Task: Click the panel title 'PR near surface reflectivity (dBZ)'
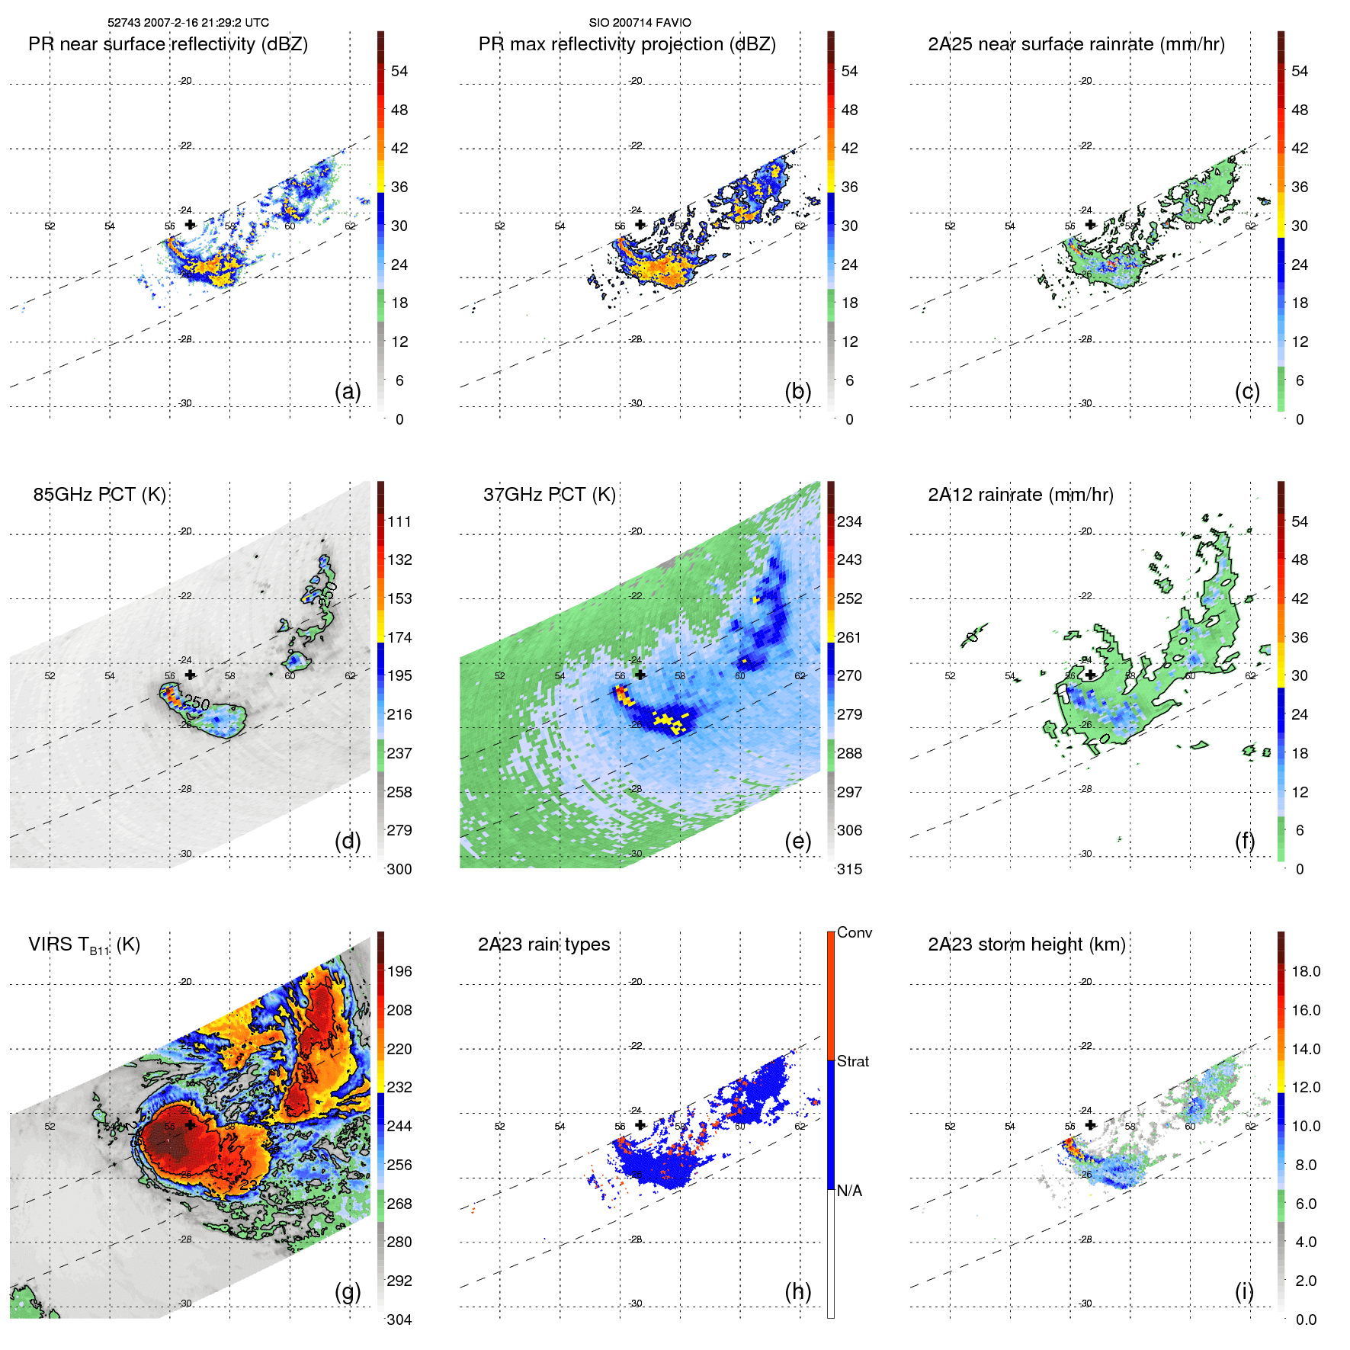(x=168, y=44)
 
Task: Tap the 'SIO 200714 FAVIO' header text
(x=640, y=23)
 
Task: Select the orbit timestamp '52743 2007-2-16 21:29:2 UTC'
(x=188, y=23)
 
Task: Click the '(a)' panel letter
(x=348, y=391)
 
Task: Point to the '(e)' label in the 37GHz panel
(x=797, y=841)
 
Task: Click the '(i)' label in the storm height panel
(x=1244, y=1291)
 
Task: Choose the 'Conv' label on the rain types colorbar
(x=854, y=932)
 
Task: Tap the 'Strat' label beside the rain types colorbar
(x=852, y=1061)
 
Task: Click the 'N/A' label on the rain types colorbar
(x=850, y=1191)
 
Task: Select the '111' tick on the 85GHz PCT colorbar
(x=399, y=521)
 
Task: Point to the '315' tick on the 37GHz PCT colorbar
(x=849, y=869)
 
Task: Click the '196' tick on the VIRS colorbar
(x=399, y=971)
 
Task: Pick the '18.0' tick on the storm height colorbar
(x=1305, y=971)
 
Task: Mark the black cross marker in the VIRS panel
(x=190, y=1125)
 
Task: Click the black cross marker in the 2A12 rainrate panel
(x=1090, y=675)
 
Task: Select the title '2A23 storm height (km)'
(x=1026, y=944)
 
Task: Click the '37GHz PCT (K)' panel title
(x=549, y=495)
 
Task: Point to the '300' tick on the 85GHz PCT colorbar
(x=399, y=869)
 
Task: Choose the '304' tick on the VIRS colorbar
(x=399, y=1320)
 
